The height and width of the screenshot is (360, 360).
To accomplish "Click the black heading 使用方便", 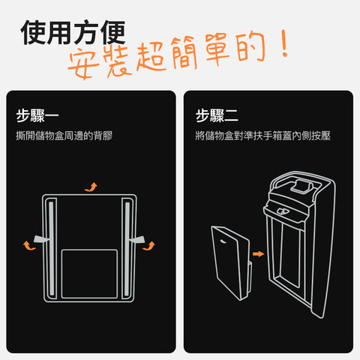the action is point(73,32).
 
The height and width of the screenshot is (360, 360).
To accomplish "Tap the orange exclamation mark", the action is point(284,43).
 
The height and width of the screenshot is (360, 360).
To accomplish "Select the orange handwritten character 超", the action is point(151,56).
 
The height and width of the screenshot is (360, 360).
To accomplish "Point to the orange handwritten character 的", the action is point(250,46).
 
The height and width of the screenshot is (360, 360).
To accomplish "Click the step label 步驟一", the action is point(37,115).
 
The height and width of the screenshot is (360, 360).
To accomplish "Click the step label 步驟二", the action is point(217,115).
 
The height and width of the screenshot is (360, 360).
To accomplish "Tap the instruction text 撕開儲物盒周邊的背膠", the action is point(64,136).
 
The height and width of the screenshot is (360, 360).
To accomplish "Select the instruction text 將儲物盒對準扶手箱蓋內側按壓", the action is point(262,136).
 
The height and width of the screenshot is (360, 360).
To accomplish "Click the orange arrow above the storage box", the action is point(91,187).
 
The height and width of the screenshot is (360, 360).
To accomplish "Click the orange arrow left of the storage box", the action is point(28,245).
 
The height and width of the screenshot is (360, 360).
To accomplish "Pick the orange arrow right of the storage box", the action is point(149,246).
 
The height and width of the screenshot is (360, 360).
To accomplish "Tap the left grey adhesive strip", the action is point(51,248).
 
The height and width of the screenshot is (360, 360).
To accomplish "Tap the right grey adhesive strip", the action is point(127,248).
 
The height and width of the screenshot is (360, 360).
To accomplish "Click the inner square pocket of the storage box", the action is point(89,274).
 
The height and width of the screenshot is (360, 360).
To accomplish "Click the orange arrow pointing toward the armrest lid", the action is point(258,254).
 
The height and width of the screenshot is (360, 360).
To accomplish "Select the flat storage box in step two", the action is point(231,262).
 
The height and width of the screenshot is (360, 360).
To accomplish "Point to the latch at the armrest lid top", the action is point(303,186).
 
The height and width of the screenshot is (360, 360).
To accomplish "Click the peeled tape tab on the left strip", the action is point(41,239).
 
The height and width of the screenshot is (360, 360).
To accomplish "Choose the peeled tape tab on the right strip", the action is point(137,239).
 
